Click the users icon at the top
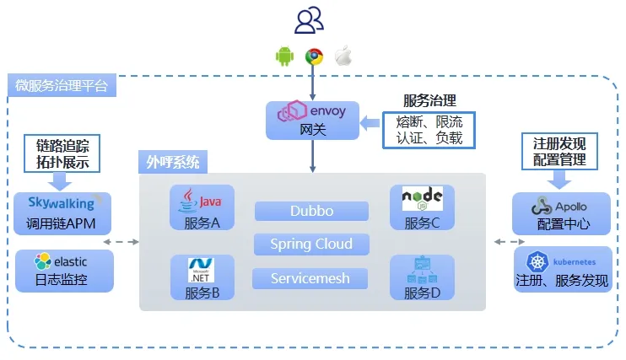(310, 19)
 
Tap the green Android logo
(284, 56)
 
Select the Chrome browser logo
(314, 56)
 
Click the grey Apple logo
(343, 56)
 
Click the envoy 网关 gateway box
(312, 120)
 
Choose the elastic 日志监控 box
(64, 271)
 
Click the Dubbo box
(311, 211)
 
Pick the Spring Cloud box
(311, 244)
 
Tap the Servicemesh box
(311, 278)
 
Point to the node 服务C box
(422, 208)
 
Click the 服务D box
(422, 278)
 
